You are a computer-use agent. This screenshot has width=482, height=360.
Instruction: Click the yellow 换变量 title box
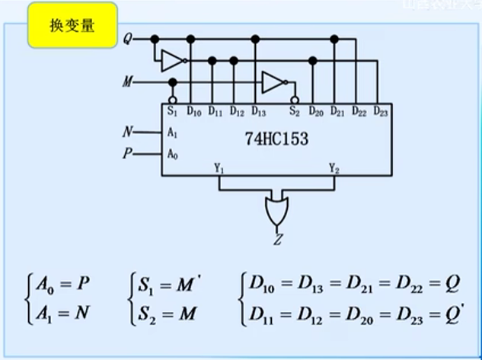pyautogui.click(x=74, y=24)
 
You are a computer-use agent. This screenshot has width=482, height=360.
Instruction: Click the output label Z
pyautogui.click(x=276, y=241)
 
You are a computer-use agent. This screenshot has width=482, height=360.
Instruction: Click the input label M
pyautogui.click(x=126, y=81)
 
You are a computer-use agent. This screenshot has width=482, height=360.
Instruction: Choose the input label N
pyautogui.click(x=128, y=132)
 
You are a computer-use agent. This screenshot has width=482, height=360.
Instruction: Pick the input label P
pyautogui.click(x=128, y=154)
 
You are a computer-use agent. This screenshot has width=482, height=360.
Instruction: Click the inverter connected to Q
pyautogui.click(x=172, y=59)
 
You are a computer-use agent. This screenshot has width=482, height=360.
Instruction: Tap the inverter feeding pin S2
pyautogui.click(x=272, y=81)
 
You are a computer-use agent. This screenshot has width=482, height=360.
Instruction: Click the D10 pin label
pyautogui.click(x=193, y=113)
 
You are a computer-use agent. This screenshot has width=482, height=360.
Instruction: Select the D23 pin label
pyautogui.click(x=381, y=113)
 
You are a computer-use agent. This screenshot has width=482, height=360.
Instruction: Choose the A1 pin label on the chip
pyautogui.click(x=172, y=132)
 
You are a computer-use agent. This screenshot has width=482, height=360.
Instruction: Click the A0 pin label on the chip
pyautogui.click(x=172, y=154)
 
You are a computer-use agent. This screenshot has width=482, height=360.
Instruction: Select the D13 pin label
pyautogui.click(x=258, y=113)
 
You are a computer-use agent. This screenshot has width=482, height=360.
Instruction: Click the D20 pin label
pyautogui.click(x=316, y=113)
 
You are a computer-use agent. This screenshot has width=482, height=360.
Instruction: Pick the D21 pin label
pyautogui.click(x=338, y=113)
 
